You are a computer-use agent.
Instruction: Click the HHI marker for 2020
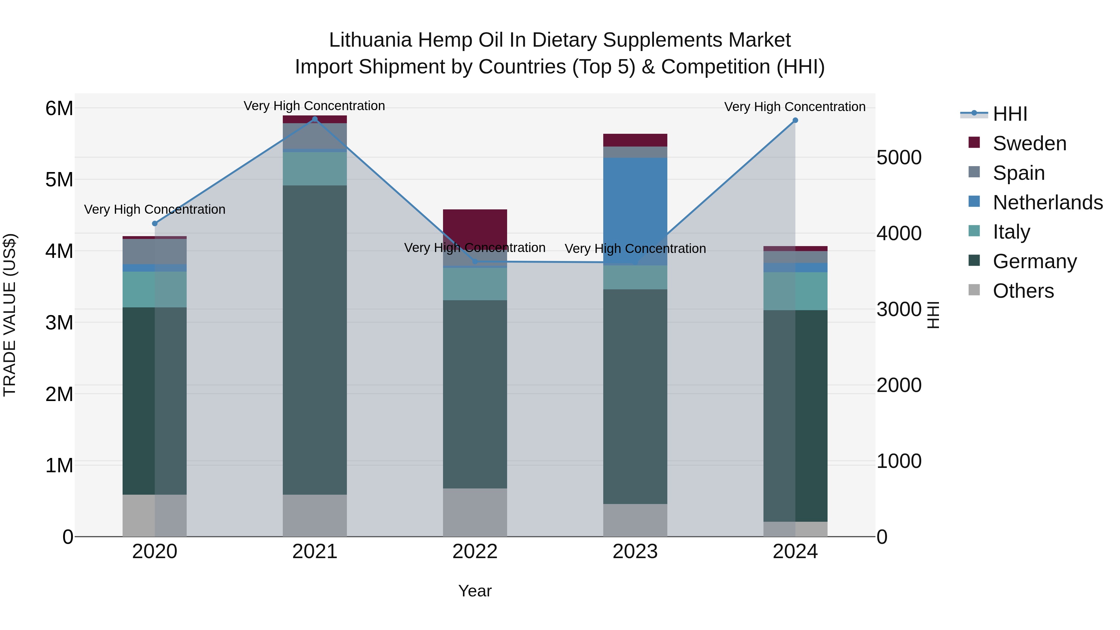pyautogui.click(x=155, y=223)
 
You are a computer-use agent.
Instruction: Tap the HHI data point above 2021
pyautogui.click(x=315, y=119)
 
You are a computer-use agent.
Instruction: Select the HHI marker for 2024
pyautogui.click(x=795, y=120)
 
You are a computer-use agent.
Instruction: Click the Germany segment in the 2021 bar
pyautogui.click(x=315, y=339)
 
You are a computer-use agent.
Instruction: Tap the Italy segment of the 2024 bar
pyautogui.click(x=795, y=291)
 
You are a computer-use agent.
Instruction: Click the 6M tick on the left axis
pyautogui.click(x=59, y=108)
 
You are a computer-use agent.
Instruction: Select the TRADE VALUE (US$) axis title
pyautogui.click(x=10, y=315)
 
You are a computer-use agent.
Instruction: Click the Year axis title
pyautogui.click(x=475, y=591)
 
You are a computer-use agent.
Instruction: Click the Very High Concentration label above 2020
pyautogui.click(x=155, y=210)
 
